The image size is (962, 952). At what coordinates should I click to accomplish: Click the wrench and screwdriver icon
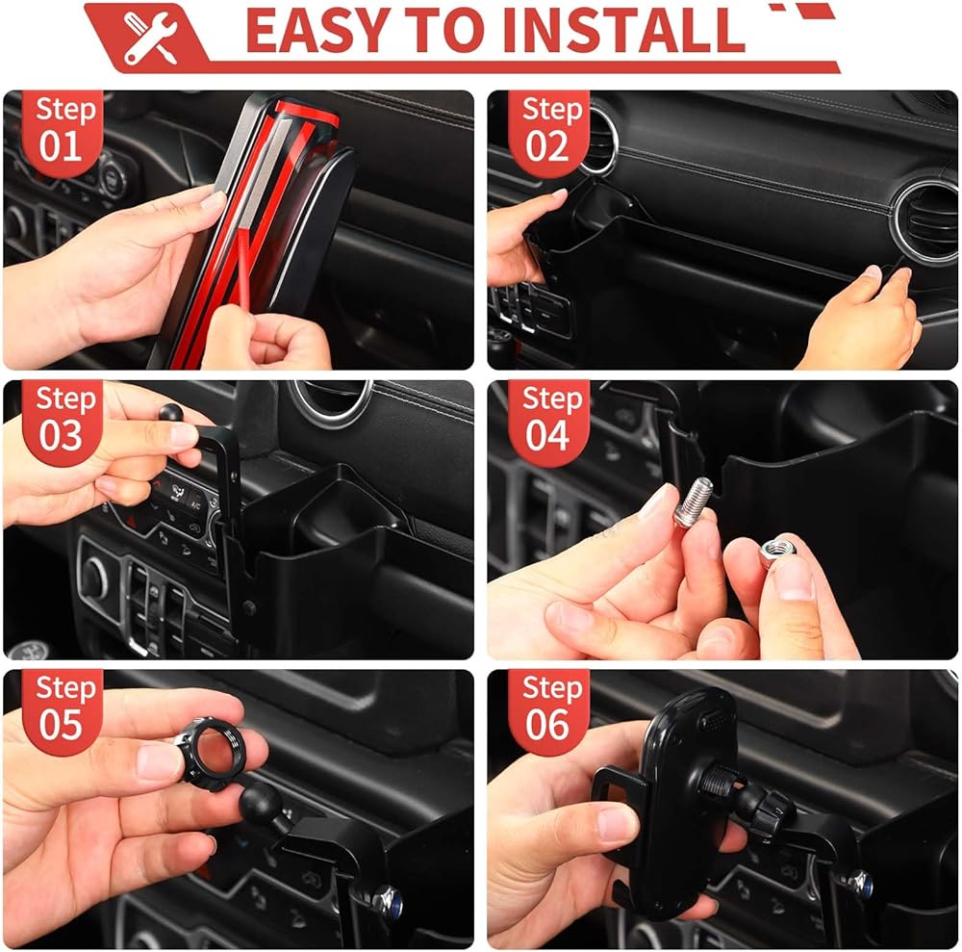pyautogui.click(x=150, y=37)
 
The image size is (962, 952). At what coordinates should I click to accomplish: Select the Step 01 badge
pyautogui.click(x=63, y=131)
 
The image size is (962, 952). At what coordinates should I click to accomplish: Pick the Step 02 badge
pyautogui.click(x=549, y=131)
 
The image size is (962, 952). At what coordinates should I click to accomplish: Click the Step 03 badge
pyautogui.click(x=63, y=421)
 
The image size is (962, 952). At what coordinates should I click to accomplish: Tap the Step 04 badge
pyautogui.click(x=549, y=421)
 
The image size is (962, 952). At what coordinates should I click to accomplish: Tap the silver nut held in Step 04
pyautogui.click(x=776, y=550)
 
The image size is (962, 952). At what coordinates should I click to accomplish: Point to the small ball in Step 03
pyautogui.click(x=171, y=412)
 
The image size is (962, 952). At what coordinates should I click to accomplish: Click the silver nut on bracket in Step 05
pyautogui.click(x=387, y=900)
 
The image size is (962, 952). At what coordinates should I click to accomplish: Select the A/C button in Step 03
pyautogui.click(x=195, y=504)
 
